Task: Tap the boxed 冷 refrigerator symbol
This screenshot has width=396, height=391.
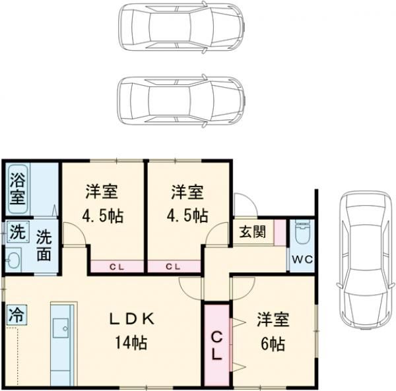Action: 16,315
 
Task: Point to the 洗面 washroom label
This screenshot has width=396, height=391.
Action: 44,245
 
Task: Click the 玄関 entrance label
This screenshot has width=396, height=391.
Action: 253,231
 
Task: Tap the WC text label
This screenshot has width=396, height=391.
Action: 302,259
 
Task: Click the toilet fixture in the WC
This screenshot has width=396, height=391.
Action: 302,231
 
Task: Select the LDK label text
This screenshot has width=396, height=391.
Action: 131,319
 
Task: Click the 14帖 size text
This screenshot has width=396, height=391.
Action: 131,342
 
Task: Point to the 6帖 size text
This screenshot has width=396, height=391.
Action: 273,344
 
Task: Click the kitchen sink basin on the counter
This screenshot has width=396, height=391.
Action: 61,328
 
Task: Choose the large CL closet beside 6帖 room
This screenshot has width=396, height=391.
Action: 216,346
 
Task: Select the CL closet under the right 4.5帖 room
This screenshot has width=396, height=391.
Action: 174,266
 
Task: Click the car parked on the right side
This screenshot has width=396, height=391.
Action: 366,260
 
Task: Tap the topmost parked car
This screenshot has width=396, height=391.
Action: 182,27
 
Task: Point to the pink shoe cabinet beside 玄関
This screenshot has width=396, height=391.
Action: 280,233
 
